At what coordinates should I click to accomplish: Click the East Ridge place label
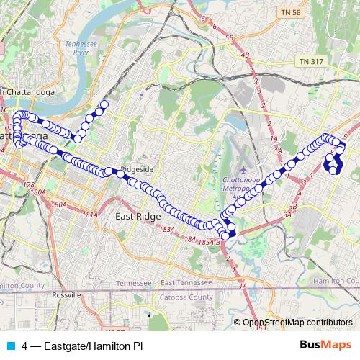pyautogui.click(x=137, y=215)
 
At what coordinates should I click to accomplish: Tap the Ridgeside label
pyautogui.click(x=138, y=170)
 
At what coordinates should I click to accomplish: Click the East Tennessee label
pyautogui.click(x=189, y=282)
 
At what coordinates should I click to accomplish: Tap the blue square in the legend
pyautogui.click(x=11, y=346)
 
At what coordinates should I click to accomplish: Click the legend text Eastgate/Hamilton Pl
pyautogui.click(x=83, y=346)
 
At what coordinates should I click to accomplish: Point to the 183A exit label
pyautogui.click(x=167, y=229)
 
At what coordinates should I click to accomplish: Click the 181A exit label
pyautogui.click(x=90, y=215)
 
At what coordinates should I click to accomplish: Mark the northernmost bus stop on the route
pyautogui.click(x=104, y=104)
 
